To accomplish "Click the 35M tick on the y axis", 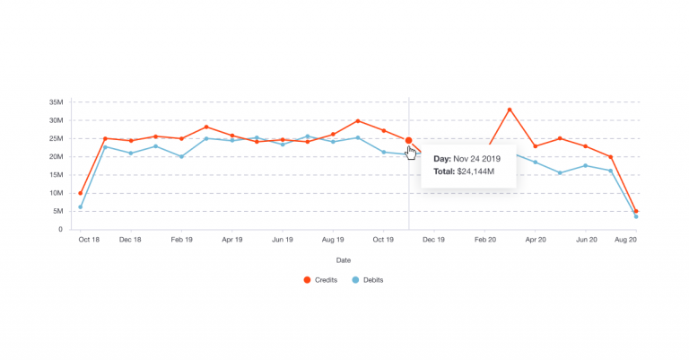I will [x=57, y=102].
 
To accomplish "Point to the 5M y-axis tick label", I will [x=58, y=211].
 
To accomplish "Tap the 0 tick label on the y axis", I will [x=61, y=230].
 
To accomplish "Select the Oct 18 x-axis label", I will [x=89, y=241].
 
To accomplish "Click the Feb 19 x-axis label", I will [x=182, y=241].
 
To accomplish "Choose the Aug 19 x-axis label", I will [x=333, y=241].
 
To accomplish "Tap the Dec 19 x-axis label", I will [x=434, y=241].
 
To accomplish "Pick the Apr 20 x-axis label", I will [x=536, y=241].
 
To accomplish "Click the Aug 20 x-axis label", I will [x=625, y=241].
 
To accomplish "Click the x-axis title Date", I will [x=344, y=260].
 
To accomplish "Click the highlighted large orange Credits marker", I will [x=409, y=140].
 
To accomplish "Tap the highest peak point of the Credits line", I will [x=510, y=110].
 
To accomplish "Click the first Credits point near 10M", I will [x=81, y=193].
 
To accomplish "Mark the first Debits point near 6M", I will [x=81, y=207].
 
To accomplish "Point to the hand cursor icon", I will [x=411, y=153].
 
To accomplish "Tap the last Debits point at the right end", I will [x=636, y=216].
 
